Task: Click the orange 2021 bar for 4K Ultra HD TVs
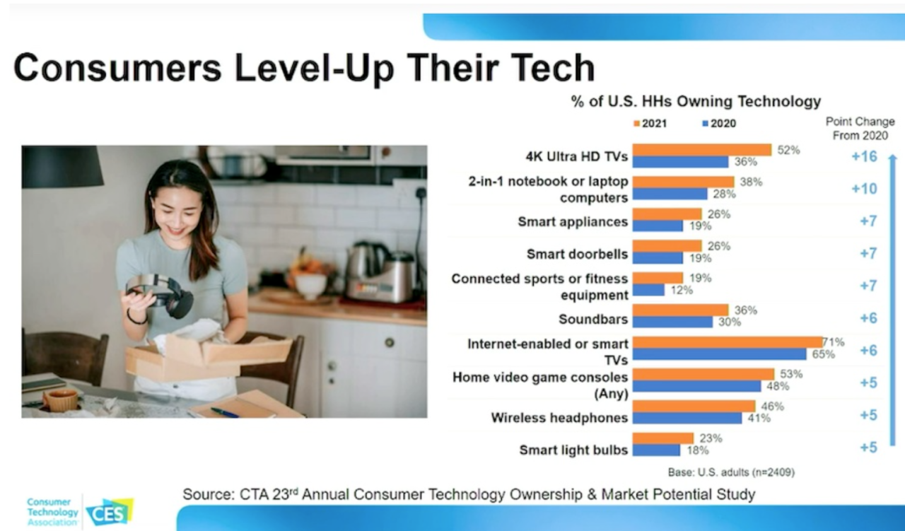click(x=701, y=150)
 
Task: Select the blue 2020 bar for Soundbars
click(x=672, y=322)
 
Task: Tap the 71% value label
click(x=834, y=342)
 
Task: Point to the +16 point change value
click(x=864, y=156)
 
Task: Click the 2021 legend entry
click(x=650, y=123)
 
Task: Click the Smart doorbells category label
click(x=577, y=254)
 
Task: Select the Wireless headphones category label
click(x=559, y=418)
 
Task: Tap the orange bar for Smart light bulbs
click(x=662, y=438)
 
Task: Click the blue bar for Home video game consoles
click(x=696, y=386)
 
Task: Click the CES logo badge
click(x=109, y=511)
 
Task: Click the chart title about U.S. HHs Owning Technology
click(x=696, y=102)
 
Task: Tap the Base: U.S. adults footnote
click(x=730, y=472)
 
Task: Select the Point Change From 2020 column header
click(x=860, y=129)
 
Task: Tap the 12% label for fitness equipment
click(x=682, y=290)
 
